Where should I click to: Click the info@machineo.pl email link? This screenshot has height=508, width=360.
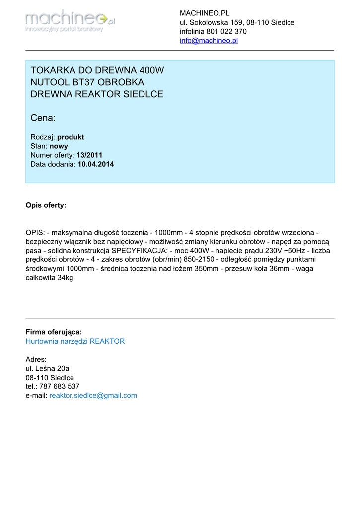click(209, 41)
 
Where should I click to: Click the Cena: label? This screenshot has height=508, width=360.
click(43, 118)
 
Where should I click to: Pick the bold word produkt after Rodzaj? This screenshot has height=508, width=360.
click(71, 137)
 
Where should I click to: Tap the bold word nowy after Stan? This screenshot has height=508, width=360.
click(59, 146)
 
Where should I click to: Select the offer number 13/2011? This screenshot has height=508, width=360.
click(89, 155)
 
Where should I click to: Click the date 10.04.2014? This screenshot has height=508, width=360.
click(96, 164)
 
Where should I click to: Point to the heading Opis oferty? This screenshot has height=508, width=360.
click(46, 205)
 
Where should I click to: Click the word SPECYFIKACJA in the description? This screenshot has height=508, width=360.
click(139, 251)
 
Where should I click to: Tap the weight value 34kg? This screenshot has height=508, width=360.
click(65, 278)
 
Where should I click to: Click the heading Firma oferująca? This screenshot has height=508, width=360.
click(54, 332)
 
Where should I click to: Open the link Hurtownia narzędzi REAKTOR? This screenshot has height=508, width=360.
click(75, 341)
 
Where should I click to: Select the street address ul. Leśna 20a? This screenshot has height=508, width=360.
click(47, 368)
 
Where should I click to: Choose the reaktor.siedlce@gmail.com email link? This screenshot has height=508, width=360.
click(93, 395)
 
